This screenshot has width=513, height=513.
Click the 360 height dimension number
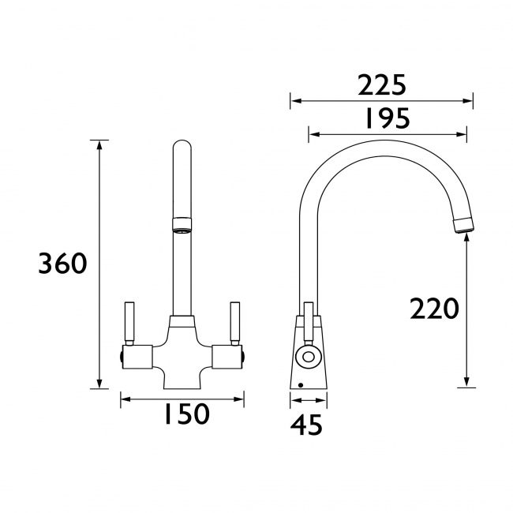click(62, 264)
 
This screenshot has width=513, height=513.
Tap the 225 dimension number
click(381, 84)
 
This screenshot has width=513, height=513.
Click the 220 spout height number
click(434, 309)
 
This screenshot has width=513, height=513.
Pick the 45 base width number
click(307, 426)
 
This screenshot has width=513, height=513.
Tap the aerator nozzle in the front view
click(182, 226)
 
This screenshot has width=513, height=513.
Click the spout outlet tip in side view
click(466, 224)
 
